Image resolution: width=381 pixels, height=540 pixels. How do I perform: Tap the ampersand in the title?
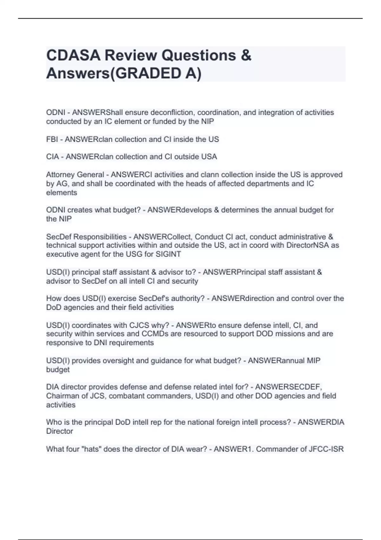[x=246, y=56]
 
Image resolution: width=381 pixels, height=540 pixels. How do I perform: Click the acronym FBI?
[x=52, y=139]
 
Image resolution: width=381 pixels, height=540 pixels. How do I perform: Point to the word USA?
[x=210, y=157]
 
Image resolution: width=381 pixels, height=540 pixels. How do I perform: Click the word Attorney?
[x=59, y=175]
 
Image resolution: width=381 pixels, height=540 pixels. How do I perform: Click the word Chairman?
[x=60, y=396]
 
